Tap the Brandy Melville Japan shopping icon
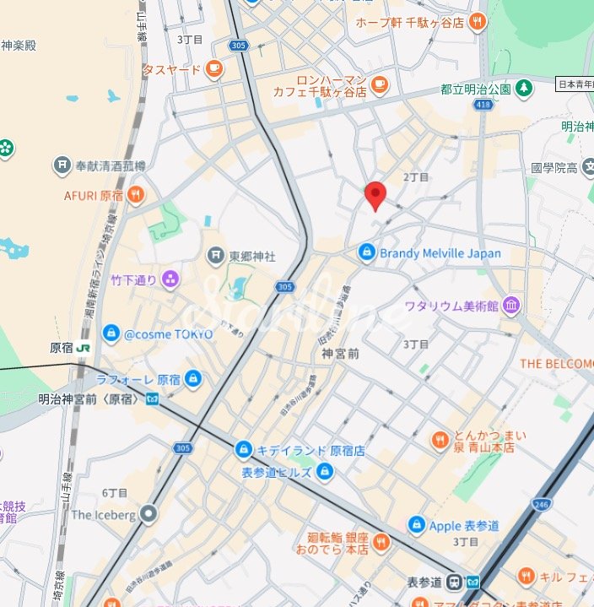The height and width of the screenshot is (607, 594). (x=366, y=252)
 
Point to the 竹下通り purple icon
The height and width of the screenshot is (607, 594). (x=170, y=279)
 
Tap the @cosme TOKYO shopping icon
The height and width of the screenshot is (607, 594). (x=111, y=333)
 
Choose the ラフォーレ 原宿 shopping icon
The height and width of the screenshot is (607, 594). (x=193, y=378)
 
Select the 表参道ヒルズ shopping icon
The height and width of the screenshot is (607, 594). (x=325, y=472)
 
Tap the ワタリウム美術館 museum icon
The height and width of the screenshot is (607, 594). (x=510, y=305)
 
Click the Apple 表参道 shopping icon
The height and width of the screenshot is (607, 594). (x=415, y=525)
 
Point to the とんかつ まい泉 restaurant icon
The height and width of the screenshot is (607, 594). (x=440, y=440)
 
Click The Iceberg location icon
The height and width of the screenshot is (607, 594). (x=149, y=513)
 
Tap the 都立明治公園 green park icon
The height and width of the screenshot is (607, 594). (x=524, y=88)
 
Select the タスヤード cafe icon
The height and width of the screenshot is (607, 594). (x=214, y=69)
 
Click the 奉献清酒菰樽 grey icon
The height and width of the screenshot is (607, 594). (x=62, y=165)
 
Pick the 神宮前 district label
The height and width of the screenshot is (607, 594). (x=341, y=354)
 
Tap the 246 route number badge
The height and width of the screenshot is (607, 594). (x=540, y=505)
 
